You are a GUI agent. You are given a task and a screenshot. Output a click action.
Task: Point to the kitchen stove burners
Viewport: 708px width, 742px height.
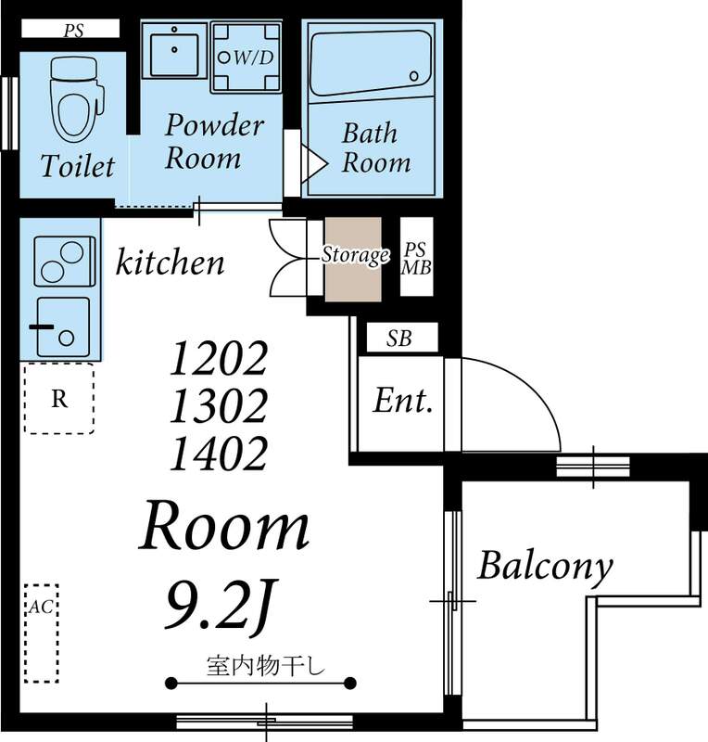(x=64, y=262)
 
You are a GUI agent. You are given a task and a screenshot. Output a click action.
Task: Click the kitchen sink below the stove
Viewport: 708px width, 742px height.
(x=64, y=326)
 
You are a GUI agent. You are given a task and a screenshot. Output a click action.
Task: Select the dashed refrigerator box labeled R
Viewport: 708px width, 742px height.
(x=58, y=399)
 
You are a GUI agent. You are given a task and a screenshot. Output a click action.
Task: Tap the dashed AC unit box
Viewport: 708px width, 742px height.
(x=41, y=633)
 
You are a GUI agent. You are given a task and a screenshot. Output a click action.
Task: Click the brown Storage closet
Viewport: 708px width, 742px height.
(x=353, y=257)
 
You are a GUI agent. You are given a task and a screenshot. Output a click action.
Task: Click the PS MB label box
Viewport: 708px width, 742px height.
(x=416, y=257)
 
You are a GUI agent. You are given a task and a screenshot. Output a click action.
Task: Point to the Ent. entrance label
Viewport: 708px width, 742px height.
(x=403, y=402)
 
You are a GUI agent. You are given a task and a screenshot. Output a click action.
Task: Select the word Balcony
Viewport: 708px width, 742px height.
(x=545, y=564)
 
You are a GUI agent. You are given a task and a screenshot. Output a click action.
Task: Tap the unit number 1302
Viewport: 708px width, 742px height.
(x=219, y=405)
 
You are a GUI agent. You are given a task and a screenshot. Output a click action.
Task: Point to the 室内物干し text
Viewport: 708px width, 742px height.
(x=260, y=665)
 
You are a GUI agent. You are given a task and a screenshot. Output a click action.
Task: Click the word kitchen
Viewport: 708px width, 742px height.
(x=170, y=263)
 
